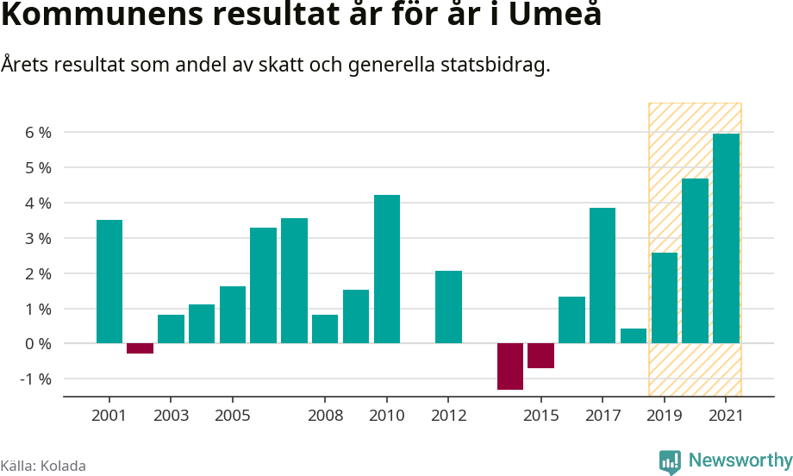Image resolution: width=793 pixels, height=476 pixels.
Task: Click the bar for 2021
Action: coord(726,239)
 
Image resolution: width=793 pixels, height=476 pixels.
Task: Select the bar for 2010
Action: coord(387,269)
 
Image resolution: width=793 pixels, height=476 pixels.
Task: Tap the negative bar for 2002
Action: coord(140,348)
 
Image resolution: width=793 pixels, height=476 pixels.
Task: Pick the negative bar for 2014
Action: coord(510,366)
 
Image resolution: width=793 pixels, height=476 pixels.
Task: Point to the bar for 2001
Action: coord(109,282)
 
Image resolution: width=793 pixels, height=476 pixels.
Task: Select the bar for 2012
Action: coord(448,307)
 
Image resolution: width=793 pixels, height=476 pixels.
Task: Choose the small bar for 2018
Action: coord(634,336)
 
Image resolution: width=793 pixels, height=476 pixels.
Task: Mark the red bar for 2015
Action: coord(540,356)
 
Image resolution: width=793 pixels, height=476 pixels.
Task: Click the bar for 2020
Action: coord(695,261)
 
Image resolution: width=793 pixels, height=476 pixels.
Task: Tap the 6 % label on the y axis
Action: coord(38,133)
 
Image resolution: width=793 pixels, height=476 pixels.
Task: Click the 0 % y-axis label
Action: coord(38,344)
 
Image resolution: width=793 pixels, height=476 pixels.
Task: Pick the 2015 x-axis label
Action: coord(540,416)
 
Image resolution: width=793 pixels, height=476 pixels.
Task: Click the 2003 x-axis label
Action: coord(171,416)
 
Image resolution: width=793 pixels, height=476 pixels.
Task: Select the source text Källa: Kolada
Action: coord(43,467)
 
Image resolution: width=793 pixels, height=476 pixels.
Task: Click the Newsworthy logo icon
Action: coord(671,462)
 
